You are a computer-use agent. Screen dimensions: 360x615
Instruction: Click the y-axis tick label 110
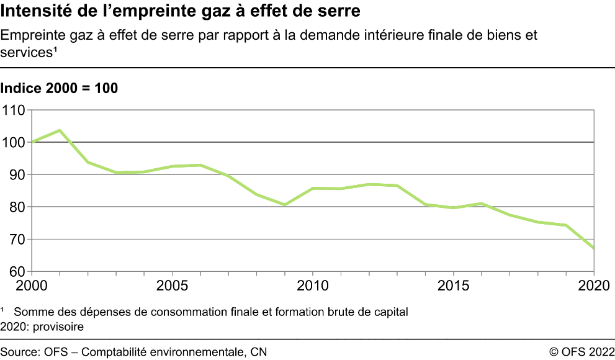pyautogui.click(x=14, y=110)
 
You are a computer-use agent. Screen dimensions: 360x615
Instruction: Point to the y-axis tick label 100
pyautogui.click(x=14, y=143)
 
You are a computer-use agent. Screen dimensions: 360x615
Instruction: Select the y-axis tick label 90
pyautogui.click(x=17, y=175)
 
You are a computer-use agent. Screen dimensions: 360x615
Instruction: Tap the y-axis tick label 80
pyautogui.click(x=17, y=207)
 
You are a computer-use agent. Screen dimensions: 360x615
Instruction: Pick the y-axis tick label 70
pyautogui.click(x=17, y=240)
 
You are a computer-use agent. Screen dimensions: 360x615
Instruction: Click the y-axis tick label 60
pyautogui.click(x=17, y=272)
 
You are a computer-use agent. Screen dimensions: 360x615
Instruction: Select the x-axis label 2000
pyautogui.click(x=32, y=286)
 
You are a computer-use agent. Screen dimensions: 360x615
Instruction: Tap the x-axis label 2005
pyautogui.click(x=172, y=286)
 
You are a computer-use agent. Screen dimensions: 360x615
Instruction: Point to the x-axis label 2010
pyautogui.click(x=313, y=286)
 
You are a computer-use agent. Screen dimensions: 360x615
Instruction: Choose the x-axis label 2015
pyautogui.click(x=454, y=286)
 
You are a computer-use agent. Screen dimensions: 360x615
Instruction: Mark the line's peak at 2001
pyautogui.click(x=60, y=130)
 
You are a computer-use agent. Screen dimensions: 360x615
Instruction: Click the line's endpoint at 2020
pyautogui.click(x=594, y=248)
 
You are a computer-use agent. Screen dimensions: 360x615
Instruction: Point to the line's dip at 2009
pyautogui.click(x=285, y=205)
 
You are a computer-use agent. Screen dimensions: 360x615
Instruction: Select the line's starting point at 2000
pyautogui.click(x=32, y=142)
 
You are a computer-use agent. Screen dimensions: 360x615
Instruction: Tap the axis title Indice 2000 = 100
pyautogui.click(x=59, y=88)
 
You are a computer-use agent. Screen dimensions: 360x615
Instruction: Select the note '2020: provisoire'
pyautogui.click(x=42, y=326)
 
